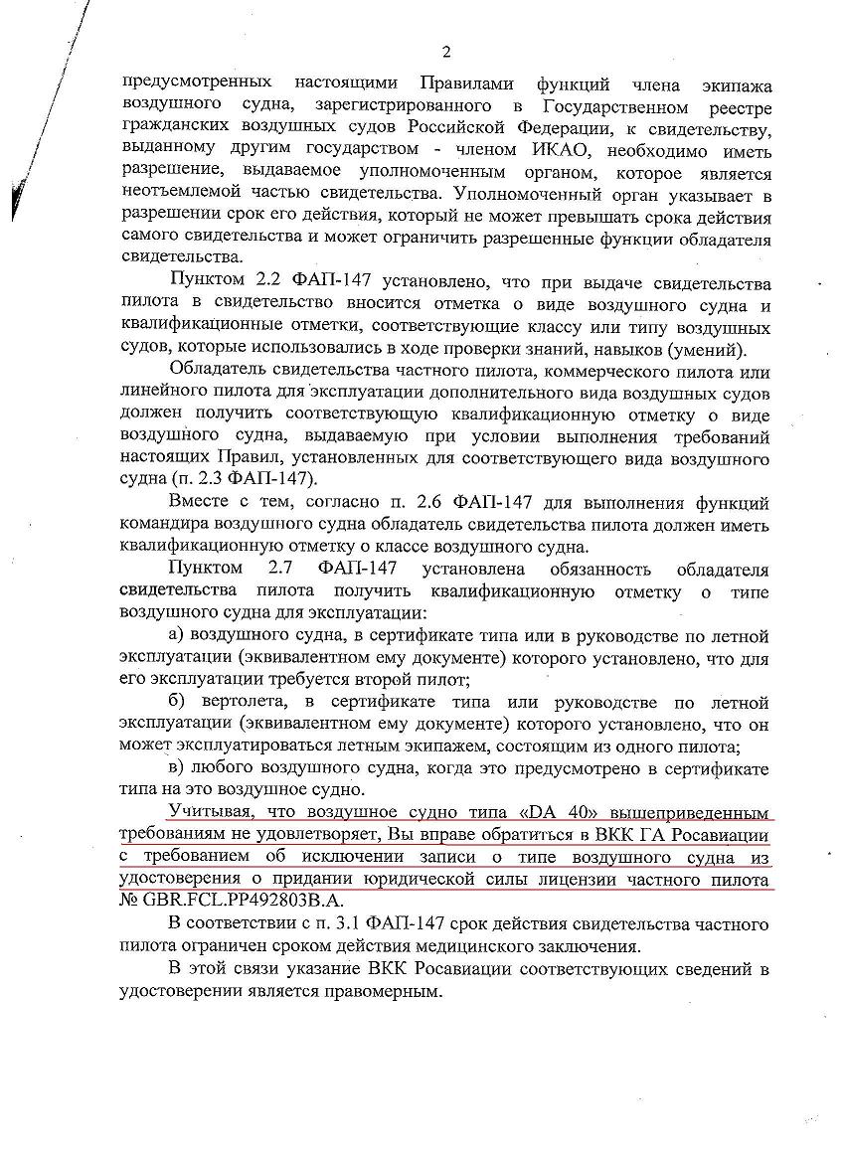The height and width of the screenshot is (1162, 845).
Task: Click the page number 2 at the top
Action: click(445, 52)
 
